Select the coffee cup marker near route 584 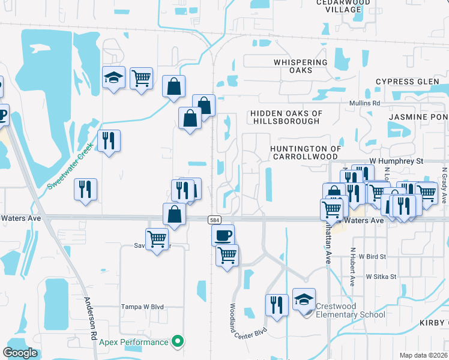tap(223, 235)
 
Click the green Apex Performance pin tap(176, 342)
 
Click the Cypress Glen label tap(407, 82)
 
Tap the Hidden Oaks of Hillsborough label tap(286, 117)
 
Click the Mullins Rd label tap(366, 103)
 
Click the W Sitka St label tap(382, 277)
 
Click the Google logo tap(20, 353)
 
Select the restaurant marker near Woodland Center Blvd tap(276, 304)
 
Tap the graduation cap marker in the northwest tap(113, 77)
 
